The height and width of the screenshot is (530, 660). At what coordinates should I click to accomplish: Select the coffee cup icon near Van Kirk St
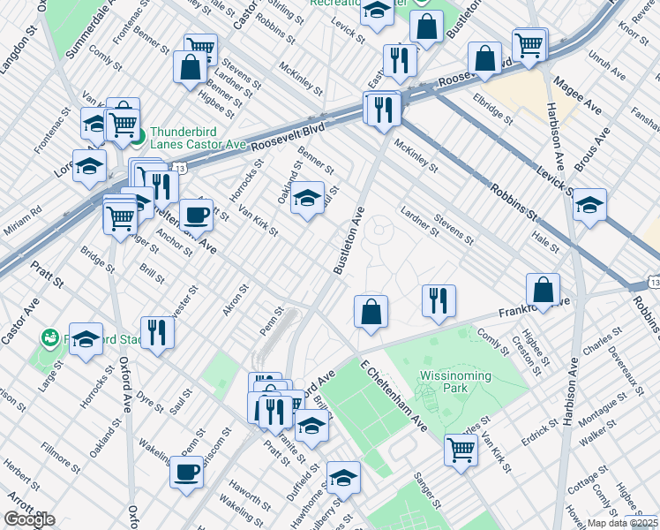196,214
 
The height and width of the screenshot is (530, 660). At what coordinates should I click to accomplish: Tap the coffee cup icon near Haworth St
186,473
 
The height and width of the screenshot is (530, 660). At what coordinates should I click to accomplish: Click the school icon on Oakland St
308,197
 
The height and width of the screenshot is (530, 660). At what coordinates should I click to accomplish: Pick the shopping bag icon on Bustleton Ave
371,311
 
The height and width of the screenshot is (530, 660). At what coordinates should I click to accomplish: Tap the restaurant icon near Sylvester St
158,332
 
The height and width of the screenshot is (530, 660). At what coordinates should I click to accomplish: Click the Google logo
29,519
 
